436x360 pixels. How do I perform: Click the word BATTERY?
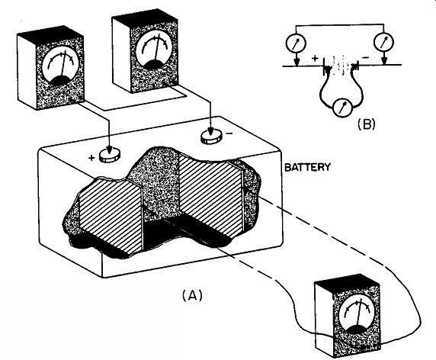coord(307,167)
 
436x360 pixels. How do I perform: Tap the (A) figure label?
coord(192,295)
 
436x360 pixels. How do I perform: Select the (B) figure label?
coord(366,124)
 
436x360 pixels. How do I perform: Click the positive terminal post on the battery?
coord(110,156)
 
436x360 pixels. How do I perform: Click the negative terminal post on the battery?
coord(212,137)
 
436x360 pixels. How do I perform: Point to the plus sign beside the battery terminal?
coord(91,158)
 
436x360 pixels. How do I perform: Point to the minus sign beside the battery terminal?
coord(229,133)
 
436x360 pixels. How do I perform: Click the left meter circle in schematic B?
coord(296,43)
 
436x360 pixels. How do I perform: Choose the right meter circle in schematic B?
coord(384,43)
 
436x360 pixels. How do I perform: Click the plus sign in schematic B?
coord(315,59)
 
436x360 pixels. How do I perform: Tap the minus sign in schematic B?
coord(366,58)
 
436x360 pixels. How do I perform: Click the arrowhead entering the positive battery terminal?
coord(109,149)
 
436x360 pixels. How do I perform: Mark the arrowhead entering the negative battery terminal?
coord(210,130)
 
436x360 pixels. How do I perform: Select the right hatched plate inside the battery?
coord(211,194)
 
